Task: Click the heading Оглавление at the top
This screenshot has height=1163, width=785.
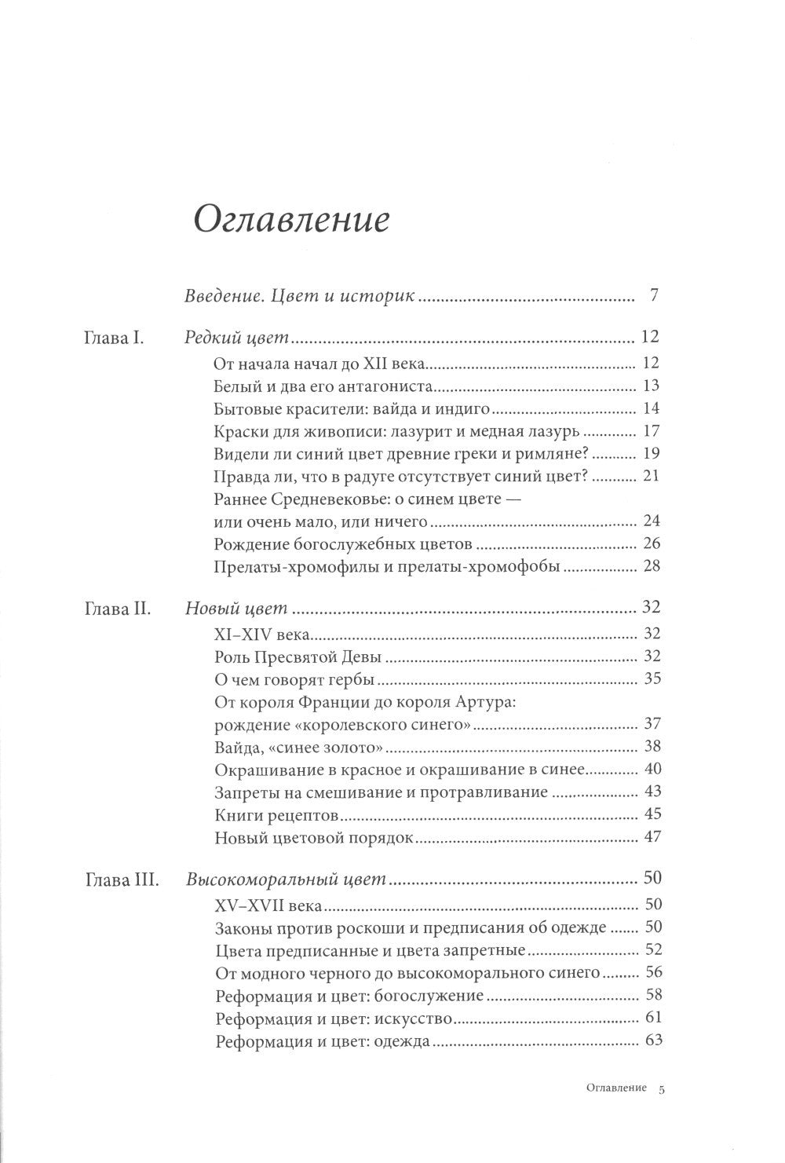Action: [290, 220]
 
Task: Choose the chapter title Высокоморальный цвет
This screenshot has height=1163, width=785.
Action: [287, 880]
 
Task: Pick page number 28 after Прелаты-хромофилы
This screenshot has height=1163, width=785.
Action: [651, 566]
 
